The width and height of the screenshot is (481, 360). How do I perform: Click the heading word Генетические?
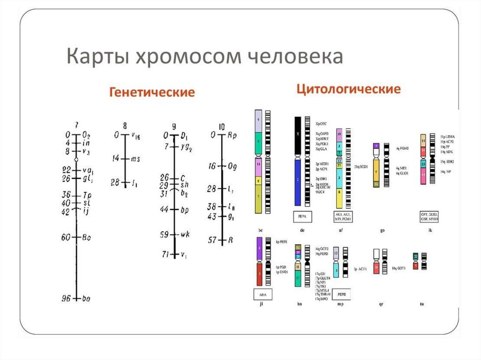click(x=152, y=92)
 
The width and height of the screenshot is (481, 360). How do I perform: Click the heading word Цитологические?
click(x=348, y=89)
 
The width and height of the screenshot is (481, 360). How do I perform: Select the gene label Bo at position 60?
click(x=86, y=237)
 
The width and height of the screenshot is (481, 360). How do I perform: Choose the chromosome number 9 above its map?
click(x=174, y=126)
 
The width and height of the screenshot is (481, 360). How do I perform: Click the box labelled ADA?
click(x=259, y=294)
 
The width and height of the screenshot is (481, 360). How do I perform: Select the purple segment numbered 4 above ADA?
click(x=259, y=249)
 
